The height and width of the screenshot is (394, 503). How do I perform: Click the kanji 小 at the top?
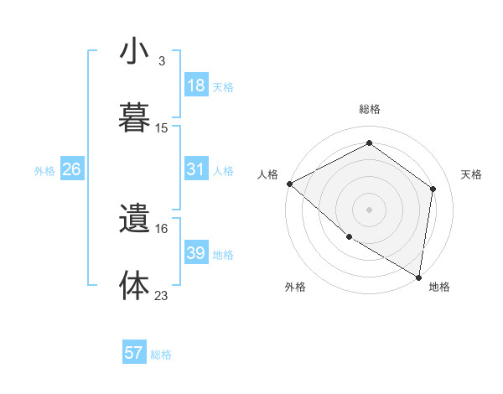134,51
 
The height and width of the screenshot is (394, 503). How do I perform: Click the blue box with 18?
196,86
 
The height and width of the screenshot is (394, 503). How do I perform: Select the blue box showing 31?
196,169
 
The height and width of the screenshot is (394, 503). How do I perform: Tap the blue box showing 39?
196,253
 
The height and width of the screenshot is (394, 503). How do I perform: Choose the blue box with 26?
72,169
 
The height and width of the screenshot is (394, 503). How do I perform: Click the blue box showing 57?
134,353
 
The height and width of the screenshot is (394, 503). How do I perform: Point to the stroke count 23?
162,295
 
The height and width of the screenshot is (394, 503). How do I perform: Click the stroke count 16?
162,228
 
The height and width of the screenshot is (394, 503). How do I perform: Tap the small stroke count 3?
162,61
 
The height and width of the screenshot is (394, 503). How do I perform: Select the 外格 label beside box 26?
44,170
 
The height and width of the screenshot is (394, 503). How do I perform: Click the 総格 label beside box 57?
161,355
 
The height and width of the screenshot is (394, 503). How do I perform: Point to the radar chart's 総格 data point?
369,143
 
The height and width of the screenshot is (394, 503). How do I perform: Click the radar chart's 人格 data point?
289,184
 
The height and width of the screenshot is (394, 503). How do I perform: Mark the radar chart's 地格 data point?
419,277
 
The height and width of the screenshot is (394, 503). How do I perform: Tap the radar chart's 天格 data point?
433,189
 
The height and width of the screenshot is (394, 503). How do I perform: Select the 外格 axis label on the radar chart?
295,288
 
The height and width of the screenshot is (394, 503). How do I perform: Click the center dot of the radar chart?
369,209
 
